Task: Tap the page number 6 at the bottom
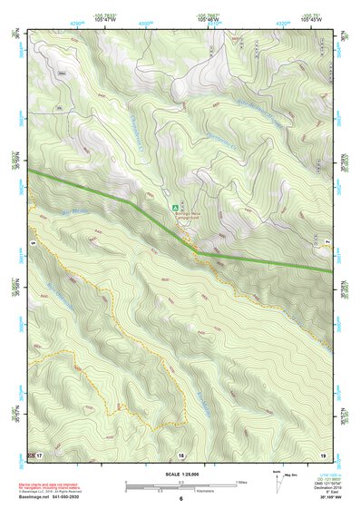point(181,499)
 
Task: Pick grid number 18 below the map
point(181,454)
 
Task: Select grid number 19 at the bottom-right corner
point(322,453)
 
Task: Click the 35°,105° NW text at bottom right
point(320,499)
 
